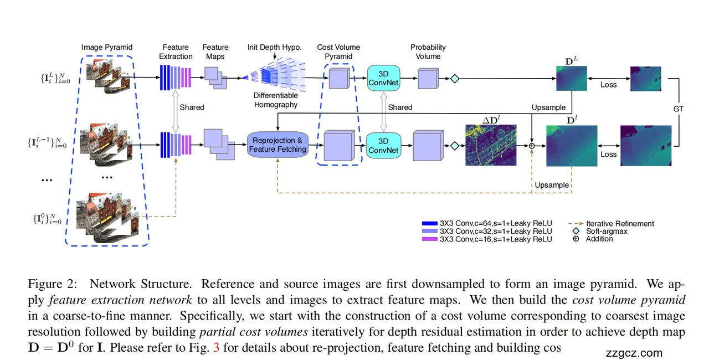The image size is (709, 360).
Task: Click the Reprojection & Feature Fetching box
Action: click(x=278, y=145)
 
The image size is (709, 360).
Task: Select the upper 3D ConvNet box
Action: click(x=383, y=78)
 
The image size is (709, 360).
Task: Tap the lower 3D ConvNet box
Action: click(x=383, y=146)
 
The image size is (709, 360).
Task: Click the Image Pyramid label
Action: click(x=107, y=48)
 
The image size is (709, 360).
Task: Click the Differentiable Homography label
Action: click(x=275, y=100)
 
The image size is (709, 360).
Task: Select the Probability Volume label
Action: click(x=428, y=52)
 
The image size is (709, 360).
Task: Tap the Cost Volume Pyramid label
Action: click(x=338, y=52)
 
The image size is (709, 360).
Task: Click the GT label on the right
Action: click(x=679, y=109)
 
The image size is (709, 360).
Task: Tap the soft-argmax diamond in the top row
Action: click(x=455, y=79)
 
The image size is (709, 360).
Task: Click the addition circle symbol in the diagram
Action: click(x=532, y=146)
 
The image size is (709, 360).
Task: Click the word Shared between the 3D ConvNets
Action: click(x=400, y=107)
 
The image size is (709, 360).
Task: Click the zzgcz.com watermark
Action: click(x=634, y=353)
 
